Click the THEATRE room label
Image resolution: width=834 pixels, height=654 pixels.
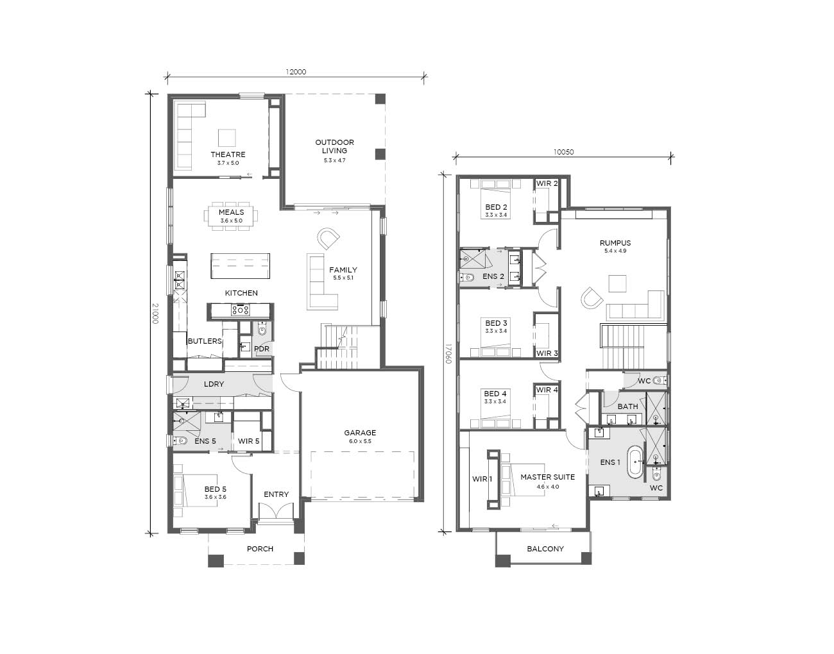point(228,155)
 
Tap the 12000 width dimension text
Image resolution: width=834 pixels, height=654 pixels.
point(296,72)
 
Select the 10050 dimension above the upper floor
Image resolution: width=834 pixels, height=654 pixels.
point(563,152)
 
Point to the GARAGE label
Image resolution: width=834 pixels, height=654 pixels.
point(360,433)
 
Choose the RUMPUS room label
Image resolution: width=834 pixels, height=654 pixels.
point(615,243)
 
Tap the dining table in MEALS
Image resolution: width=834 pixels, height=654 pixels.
point(231,216)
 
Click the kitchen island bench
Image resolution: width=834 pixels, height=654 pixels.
point(241,266)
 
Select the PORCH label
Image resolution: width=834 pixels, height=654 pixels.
point(260,549)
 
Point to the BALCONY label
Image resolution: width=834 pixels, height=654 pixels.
point(545,549)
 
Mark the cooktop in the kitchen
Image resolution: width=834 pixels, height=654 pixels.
point(241,310)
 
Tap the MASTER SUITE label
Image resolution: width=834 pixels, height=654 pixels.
point(547,477)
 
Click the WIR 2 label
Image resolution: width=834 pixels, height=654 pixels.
point(547,183)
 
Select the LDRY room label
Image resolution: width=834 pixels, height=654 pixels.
point(214,384)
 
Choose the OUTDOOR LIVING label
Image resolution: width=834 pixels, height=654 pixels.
point(335,147)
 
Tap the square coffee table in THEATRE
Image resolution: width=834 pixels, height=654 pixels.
point(227,138)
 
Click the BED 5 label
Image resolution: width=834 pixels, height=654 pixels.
point(216,489)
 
